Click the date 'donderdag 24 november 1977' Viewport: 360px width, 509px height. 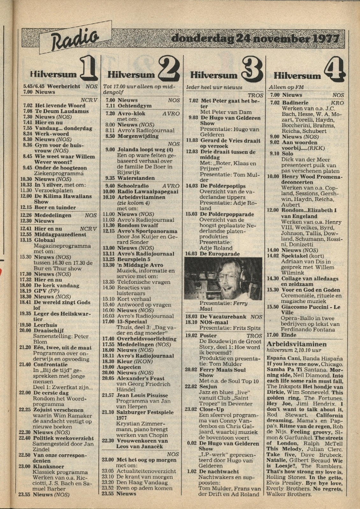click(255, 39)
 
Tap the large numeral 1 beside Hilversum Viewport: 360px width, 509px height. click(88, 68)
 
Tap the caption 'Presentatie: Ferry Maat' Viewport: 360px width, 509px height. click(223, 306)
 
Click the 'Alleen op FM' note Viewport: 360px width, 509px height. click(286, 87)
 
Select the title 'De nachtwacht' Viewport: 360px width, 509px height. click(219, 471)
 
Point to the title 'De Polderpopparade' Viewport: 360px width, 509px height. click(227, 214)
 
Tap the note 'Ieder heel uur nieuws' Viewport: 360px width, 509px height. click(214, 87)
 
